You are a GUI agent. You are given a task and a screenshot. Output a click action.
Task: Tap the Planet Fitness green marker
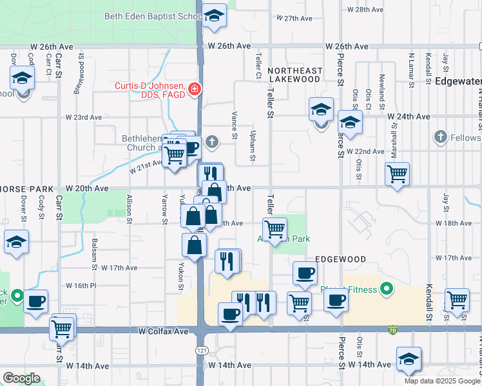(386, 289)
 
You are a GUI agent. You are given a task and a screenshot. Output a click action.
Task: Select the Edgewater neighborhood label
(458, 82)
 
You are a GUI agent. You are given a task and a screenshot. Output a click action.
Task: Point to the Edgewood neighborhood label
(340, 259)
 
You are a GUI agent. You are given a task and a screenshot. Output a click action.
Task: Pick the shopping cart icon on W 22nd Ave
(397, 172)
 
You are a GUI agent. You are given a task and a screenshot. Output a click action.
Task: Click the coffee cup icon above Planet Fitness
(305, 272)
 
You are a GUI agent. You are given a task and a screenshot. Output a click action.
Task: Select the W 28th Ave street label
(365, 10)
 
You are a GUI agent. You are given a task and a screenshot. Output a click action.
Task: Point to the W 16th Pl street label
(81, 285)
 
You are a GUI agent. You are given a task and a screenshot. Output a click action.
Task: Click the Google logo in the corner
(21, 378)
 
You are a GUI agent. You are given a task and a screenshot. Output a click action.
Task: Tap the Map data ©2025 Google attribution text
(441, 381)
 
